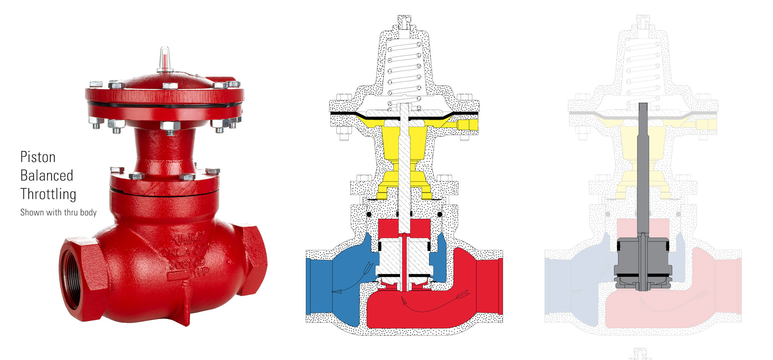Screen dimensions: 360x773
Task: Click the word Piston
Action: (38, 157)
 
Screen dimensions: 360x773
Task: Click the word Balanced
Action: (46, 176)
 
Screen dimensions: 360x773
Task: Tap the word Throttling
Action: (48, 194)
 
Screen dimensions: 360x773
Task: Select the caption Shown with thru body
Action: (58, 212)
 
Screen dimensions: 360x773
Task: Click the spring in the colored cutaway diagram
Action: (404, 70)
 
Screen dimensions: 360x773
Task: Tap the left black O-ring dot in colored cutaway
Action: (369, 214)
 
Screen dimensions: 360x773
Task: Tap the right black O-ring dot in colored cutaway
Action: (440, 214)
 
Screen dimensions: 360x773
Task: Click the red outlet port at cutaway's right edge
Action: (491, 286)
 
